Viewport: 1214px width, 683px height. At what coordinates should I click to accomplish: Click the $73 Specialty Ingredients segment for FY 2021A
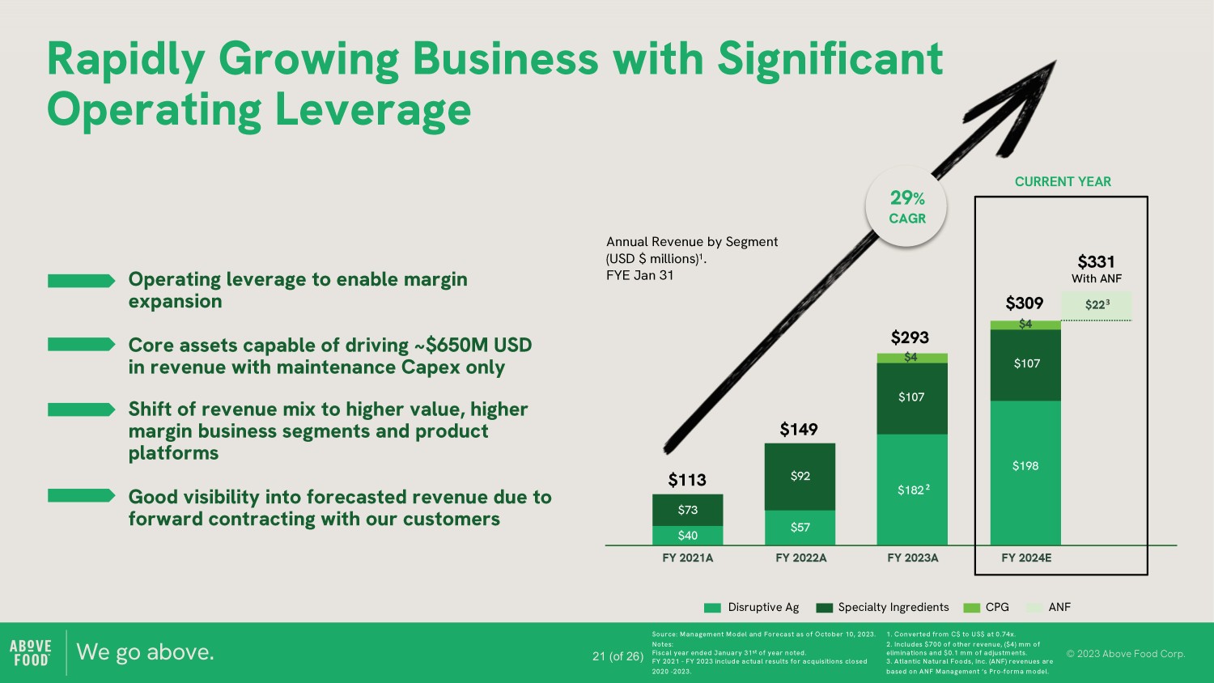tap(687, 510)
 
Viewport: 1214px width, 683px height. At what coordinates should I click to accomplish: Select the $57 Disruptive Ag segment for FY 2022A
tap(800, 528)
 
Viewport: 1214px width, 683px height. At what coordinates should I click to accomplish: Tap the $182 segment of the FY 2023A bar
tap(912, 490)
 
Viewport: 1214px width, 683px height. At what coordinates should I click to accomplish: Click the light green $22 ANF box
tap(1096, 305)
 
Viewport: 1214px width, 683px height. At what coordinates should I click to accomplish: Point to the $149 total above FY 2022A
tap(799, 430)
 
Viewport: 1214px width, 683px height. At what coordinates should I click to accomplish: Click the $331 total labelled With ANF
tap(1096, 262)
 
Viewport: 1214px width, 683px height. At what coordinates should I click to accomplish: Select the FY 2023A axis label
tap(913, 558)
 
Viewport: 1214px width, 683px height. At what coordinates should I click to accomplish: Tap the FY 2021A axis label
tap(688, 558)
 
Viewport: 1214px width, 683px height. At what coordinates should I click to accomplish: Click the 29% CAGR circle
tap(906, 206)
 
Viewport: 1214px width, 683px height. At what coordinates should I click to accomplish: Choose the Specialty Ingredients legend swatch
tap(825, 608)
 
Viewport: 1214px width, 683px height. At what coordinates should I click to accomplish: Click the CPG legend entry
tap(987, 607)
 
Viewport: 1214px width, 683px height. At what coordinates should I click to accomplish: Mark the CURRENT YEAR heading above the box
tap(1063, 181)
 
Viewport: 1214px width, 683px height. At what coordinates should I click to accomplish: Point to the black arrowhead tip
tap(1055, 61)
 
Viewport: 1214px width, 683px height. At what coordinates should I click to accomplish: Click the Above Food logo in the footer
tap(31, 652)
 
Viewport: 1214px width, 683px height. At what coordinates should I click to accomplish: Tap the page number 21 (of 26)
tap(618, 656)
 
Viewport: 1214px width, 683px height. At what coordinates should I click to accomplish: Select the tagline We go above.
tap(145, 652)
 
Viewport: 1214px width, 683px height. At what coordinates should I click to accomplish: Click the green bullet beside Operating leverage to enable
tap(81, 281)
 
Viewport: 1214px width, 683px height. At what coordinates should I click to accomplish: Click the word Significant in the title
tap(830, 60)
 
